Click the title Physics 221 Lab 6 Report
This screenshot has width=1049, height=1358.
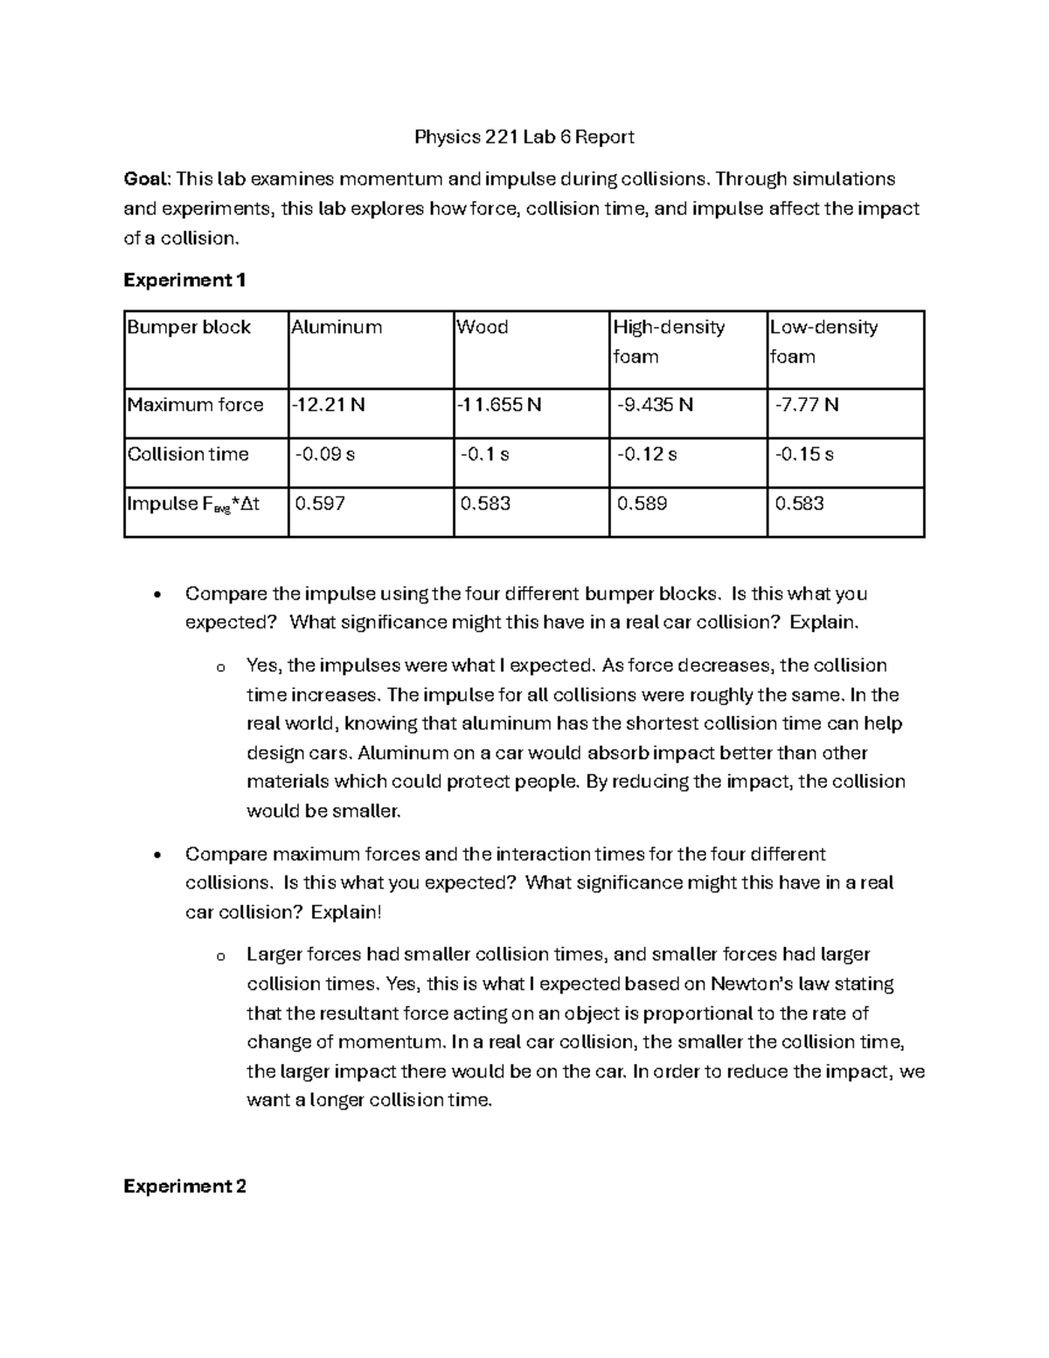524,136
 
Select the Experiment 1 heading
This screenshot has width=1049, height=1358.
184,280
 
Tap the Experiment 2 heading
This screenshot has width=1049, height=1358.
184,1186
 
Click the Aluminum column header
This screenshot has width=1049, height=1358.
337,327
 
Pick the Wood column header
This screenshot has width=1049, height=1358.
482,327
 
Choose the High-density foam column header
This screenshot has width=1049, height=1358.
669,341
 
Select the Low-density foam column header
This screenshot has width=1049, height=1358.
823,341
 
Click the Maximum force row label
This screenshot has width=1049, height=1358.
195,404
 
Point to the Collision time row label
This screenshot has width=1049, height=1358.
188,454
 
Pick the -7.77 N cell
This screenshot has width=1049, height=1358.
806,404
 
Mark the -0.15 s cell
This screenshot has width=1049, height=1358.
804,454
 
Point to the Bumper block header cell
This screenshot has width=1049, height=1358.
189,327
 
